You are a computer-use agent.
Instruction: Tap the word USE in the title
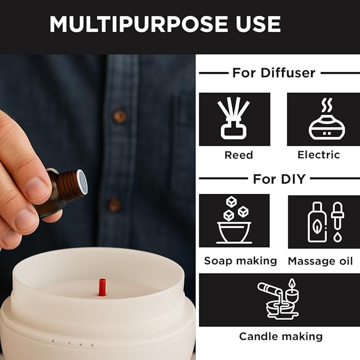255,24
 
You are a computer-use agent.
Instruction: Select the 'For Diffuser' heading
273,73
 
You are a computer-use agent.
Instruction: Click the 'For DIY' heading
279,179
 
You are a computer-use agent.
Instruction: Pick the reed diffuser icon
234,119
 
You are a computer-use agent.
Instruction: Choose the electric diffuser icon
323,119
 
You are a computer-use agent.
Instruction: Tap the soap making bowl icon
234,221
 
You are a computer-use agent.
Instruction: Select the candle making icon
279,300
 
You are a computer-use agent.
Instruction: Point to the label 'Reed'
239,155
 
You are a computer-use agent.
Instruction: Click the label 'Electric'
319,155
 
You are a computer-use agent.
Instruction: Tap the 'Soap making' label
240,261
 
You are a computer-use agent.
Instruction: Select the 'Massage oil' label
321,261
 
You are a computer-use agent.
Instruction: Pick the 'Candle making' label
280,337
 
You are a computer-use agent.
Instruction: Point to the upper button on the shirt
120,116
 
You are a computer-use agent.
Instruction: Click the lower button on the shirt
113,205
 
